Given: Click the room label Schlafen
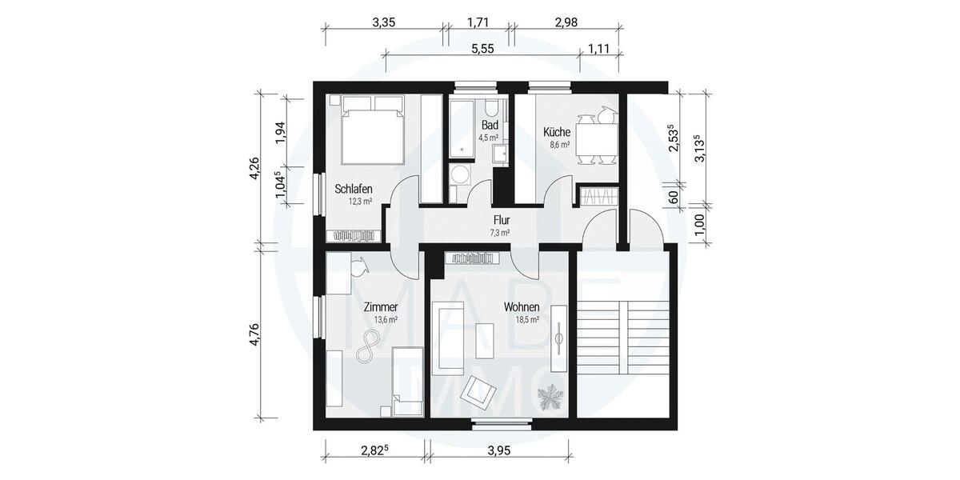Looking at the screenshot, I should tap(353, 189).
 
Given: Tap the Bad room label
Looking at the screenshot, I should tap(490, 126).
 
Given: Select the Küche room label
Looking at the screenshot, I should tap(556, 132).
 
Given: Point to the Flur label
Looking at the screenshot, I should tap(502, 220).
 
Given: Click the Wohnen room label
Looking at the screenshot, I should tap(521, 307).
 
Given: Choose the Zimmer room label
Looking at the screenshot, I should tap(380, 307).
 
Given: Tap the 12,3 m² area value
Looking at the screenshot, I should tap(360, 202).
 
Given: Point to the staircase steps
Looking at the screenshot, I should tap(620, 336).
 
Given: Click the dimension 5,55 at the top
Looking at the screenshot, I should tap(482, 49).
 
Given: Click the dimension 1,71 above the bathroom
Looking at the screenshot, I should tap(478, 22).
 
